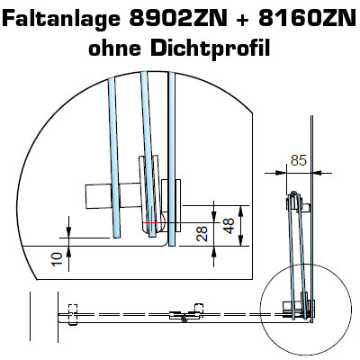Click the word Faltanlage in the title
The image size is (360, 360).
click(x=62, y=19)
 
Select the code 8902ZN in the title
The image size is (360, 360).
click(x=178, y=18)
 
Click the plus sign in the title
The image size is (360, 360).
click(x=243, y=19)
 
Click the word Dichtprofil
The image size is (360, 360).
click(x=211, y=49)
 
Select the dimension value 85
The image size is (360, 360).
click(x=299, y=160)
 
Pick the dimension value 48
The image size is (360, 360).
click(x=229, y=226)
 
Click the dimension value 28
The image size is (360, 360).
click(x=202, y=234)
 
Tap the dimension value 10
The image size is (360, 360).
click(x=57, y=259)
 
